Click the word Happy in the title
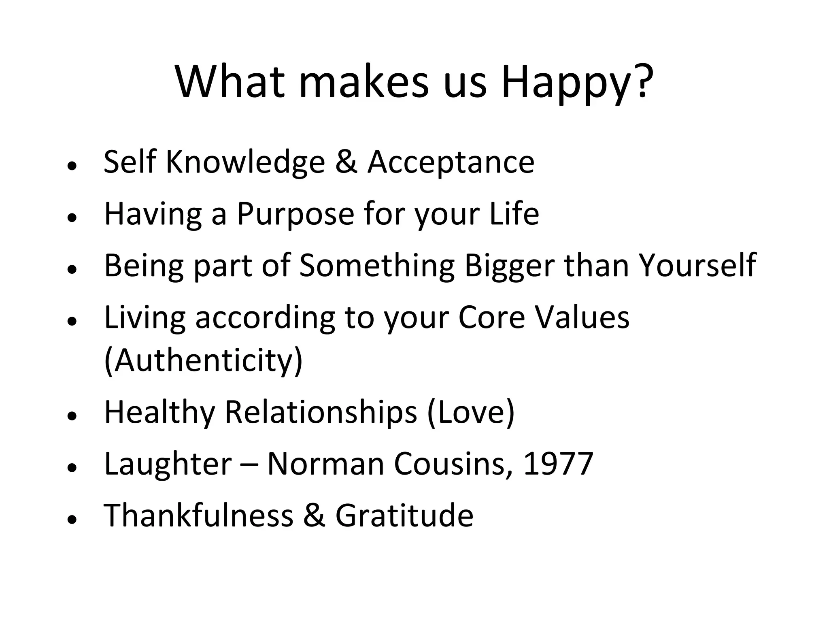point(576,83)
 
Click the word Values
point(582,317)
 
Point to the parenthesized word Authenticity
point(204,360)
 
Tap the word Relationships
point(321,412)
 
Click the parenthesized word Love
point(471,412)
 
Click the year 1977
point(558,463)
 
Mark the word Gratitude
point(404,515)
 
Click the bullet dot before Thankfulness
point(72,519)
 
